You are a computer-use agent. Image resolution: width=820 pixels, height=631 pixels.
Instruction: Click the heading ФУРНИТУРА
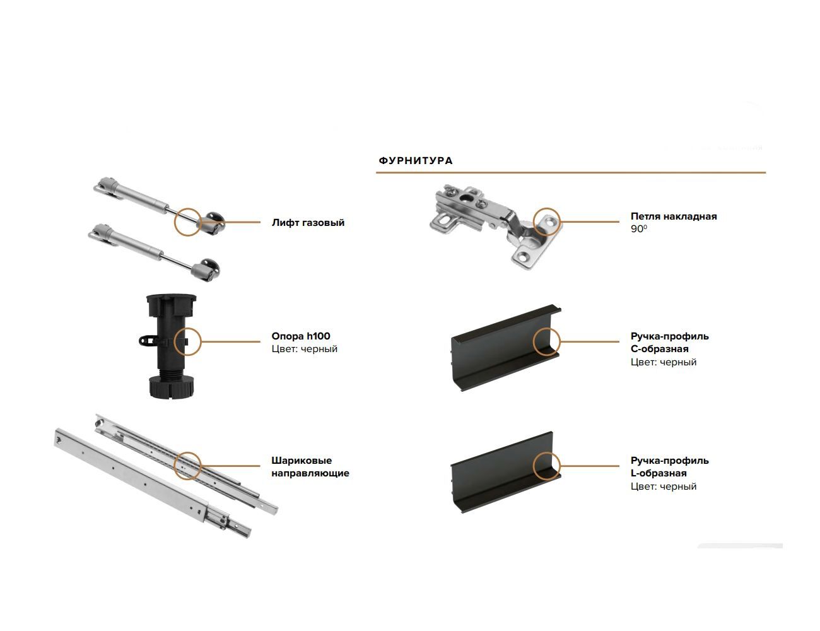(416, 161)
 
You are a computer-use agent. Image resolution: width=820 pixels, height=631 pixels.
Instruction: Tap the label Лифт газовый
(308, 223)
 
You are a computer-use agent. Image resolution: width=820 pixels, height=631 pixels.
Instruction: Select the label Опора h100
(301, 336)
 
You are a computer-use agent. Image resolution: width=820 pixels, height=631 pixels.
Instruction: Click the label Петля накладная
(674, 216)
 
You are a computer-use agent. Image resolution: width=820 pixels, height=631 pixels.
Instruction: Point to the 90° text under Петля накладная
(638, 228)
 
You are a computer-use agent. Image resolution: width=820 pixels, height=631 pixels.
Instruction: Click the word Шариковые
(302, 461)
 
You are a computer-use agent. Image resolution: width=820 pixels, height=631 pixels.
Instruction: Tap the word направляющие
(310, 473)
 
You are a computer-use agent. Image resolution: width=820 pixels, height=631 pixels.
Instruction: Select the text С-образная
(659, 349)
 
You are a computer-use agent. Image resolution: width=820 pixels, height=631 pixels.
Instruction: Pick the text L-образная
(659, 473)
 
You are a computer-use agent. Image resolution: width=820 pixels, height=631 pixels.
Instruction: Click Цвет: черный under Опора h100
(304, 349)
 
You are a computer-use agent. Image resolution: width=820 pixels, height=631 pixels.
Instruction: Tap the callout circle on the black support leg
(175, 341)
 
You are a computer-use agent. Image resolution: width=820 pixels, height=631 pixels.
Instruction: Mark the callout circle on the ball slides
(175, 466)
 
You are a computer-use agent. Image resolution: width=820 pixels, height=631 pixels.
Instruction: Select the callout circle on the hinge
(533, 221)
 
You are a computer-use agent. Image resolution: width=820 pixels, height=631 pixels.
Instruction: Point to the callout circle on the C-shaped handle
(533, 341)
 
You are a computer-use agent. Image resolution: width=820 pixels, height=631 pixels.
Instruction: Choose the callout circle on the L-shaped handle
(533, 466)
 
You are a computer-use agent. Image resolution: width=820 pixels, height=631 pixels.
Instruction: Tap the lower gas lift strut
(155, 252)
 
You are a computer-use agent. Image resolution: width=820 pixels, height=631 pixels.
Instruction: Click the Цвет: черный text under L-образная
(664, 487)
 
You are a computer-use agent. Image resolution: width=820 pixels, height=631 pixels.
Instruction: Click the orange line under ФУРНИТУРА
(571, 172)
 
